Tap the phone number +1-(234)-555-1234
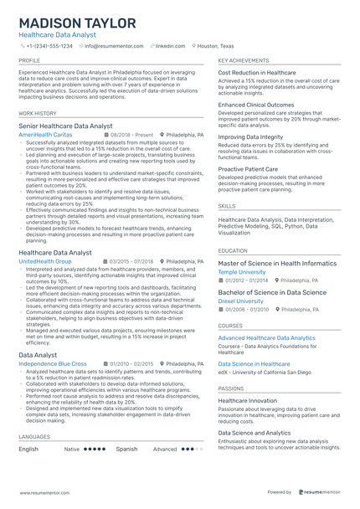click(51, 47)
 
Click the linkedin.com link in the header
click(170, 47)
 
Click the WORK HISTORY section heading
click(38, 112)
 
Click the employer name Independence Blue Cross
click(52, 364)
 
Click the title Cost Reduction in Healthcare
click(257, 73)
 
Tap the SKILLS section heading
click(227, 204)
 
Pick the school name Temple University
click(241, 272)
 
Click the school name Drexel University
click(240, 301)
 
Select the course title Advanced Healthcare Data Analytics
click(267, 337)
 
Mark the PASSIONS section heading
click(231, 388)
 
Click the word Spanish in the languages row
click(126, 449)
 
